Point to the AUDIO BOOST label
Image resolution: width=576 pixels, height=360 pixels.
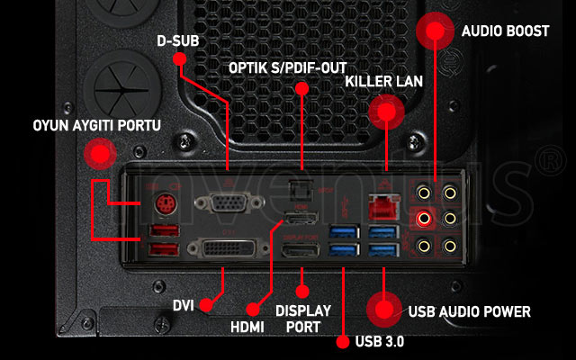[505, 31]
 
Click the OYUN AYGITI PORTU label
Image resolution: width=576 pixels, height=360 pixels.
[85, 127]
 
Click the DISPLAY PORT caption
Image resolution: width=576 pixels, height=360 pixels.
[303, 318]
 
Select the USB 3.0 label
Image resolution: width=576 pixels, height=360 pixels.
[379, 342]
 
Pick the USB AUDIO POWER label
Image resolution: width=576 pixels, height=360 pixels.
[469, 312]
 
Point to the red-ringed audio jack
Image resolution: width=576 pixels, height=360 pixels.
[424, 218]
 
